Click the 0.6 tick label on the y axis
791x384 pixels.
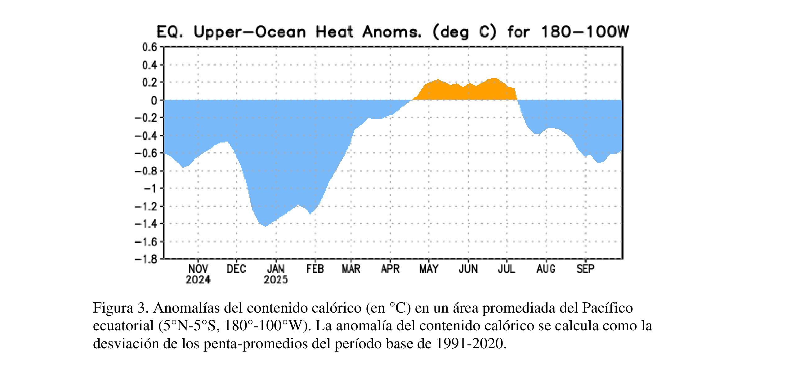pos(150,47)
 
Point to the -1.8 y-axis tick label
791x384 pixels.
pos(146,259)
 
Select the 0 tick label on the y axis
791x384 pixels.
pos(154,100)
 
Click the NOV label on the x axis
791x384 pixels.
pos(198,269)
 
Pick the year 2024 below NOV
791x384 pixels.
pos(198,280)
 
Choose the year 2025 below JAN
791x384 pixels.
pos(275,280)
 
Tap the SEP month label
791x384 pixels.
pos(585,269)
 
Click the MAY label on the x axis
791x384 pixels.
pos(429,269)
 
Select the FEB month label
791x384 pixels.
pos(315,269)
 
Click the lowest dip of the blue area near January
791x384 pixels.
pos(265,225)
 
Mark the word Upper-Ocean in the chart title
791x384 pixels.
pos(250,32)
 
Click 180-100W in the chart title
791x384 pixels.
pos(585,32)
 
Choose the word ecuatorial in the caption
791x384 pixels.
pos(123,326)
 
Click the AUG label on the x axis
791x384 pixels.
pos(546,269)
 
